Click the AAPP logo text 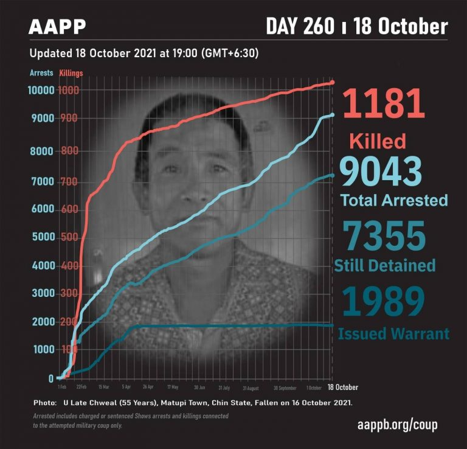click(x=57, y=27)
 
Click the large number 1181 click(x=384, y=103)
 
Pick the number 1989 click(x=382, y=302)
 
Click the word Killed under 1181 click(x=378, y=142)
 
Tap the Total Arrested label click(x=393, y=200)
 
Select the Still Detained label click(x=386, y=265)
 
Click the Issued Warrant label click(x=393, y=333)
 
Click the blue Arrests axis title click(x=41, y=73)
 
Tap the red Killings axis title click(x=71, y=73)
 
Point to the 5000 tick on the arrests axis click(x=41, y=237)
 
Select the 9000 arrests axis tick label click(x=41, y=118)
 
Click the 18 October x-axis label click(x=343, y=387)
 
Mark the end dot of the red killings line click(x=332, y=82)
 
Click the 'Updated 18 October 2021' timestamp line click(x=145, y=53)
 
